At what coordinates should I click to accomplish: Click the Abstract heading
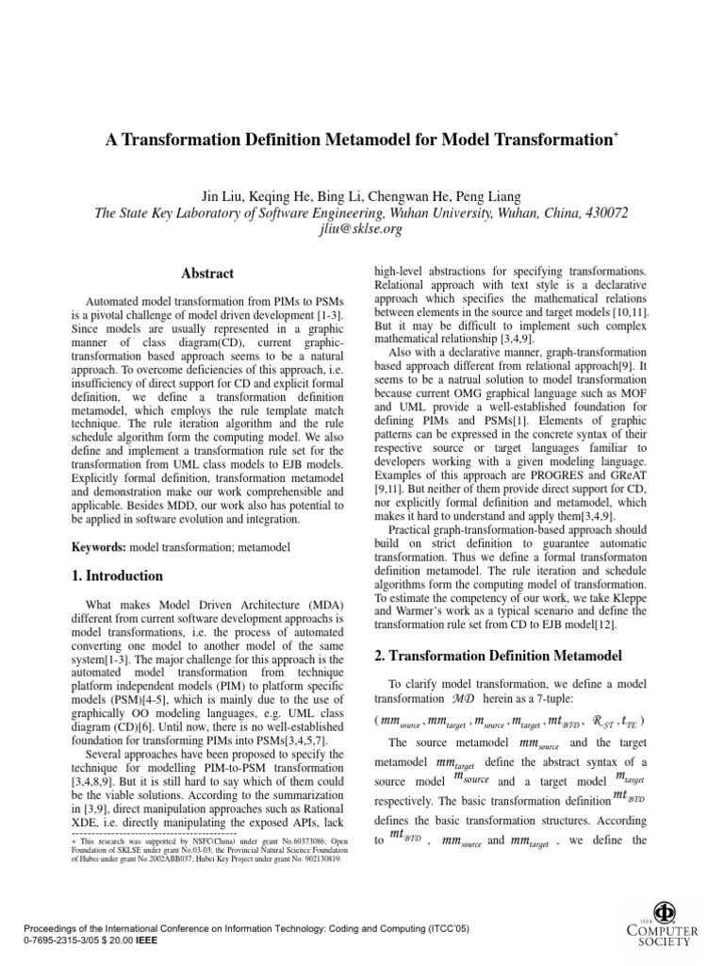click(207, 274)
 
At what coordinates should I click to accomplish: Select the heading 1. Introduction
click(118, 575)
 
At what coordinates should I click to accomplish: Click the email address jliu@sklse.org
click(362, 230)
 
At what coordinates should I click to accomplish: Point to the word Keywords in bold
click(99, 547)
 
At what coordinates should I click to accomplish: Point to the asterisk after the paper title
click(616, 135)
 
